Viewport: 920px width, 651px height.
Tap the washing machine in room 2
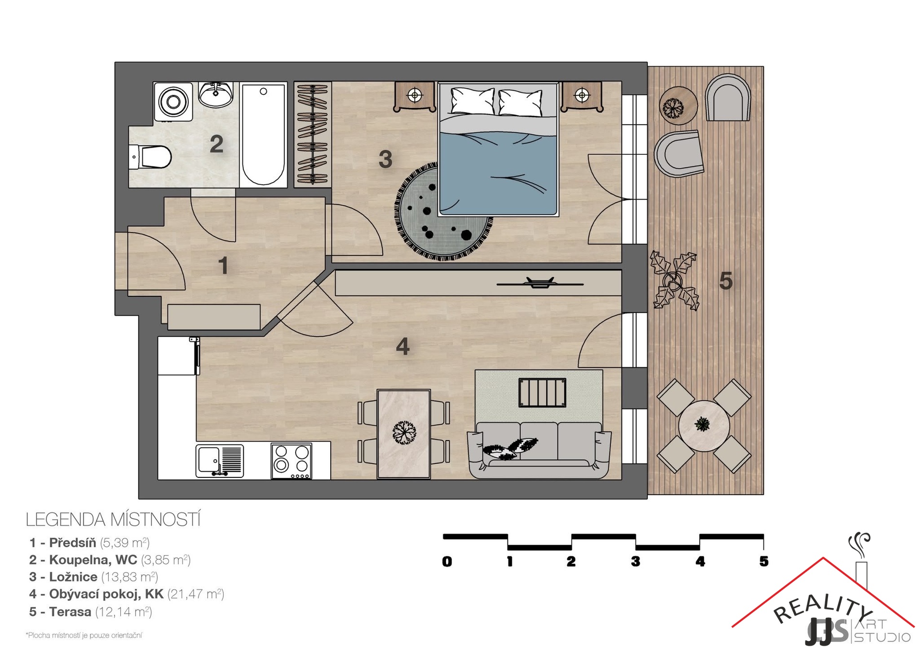[x=173, y=102]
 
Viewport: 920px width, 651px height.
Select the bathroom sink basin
[x=216, y=94]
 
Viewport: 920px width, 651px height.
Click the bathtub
[x=263, y=135]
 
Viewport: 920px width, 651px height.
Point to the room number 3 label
[x=385, y=159]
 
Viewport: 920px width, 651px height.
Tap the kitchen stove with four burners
[x=291, y=461]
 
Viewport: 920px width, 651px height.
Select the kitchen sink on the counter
[x=219, y=461]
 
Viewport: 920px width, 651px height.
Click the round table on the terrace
[x=704, y=426]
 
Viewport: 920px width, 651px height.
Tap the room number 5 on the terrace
[x=726, y=281]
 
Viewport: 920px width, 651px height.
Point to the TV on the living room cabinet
[x=540, y=283]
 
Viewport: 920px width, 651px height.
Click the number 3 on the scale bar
[x=635, y=561]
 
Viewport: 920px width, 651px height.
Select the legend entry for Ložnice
[x=93, y=577]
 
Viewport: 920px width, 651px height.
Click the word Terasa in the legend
[x=70, y=612]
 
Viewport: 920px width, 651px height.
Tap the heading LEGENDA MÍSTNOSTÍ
[x=113, y=520]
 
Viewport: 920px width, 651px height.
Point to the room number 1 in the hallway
[x=223, y=266]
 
